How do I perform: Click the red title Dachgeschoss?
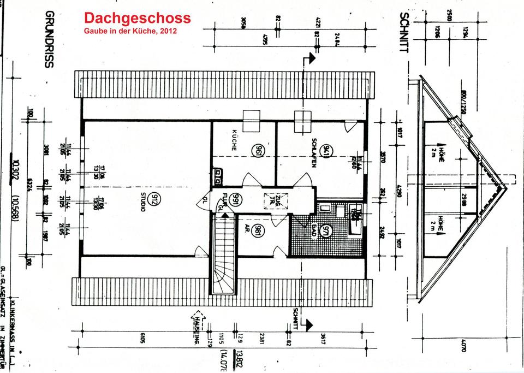click(138, 18)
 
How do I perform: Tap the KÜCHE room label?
click(234, 141)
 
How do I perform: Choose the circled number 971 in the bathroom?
click(326, 232)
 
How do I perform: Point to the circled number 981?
click(259, 230)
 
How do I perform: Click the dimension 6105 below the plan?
click(142, 339)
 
